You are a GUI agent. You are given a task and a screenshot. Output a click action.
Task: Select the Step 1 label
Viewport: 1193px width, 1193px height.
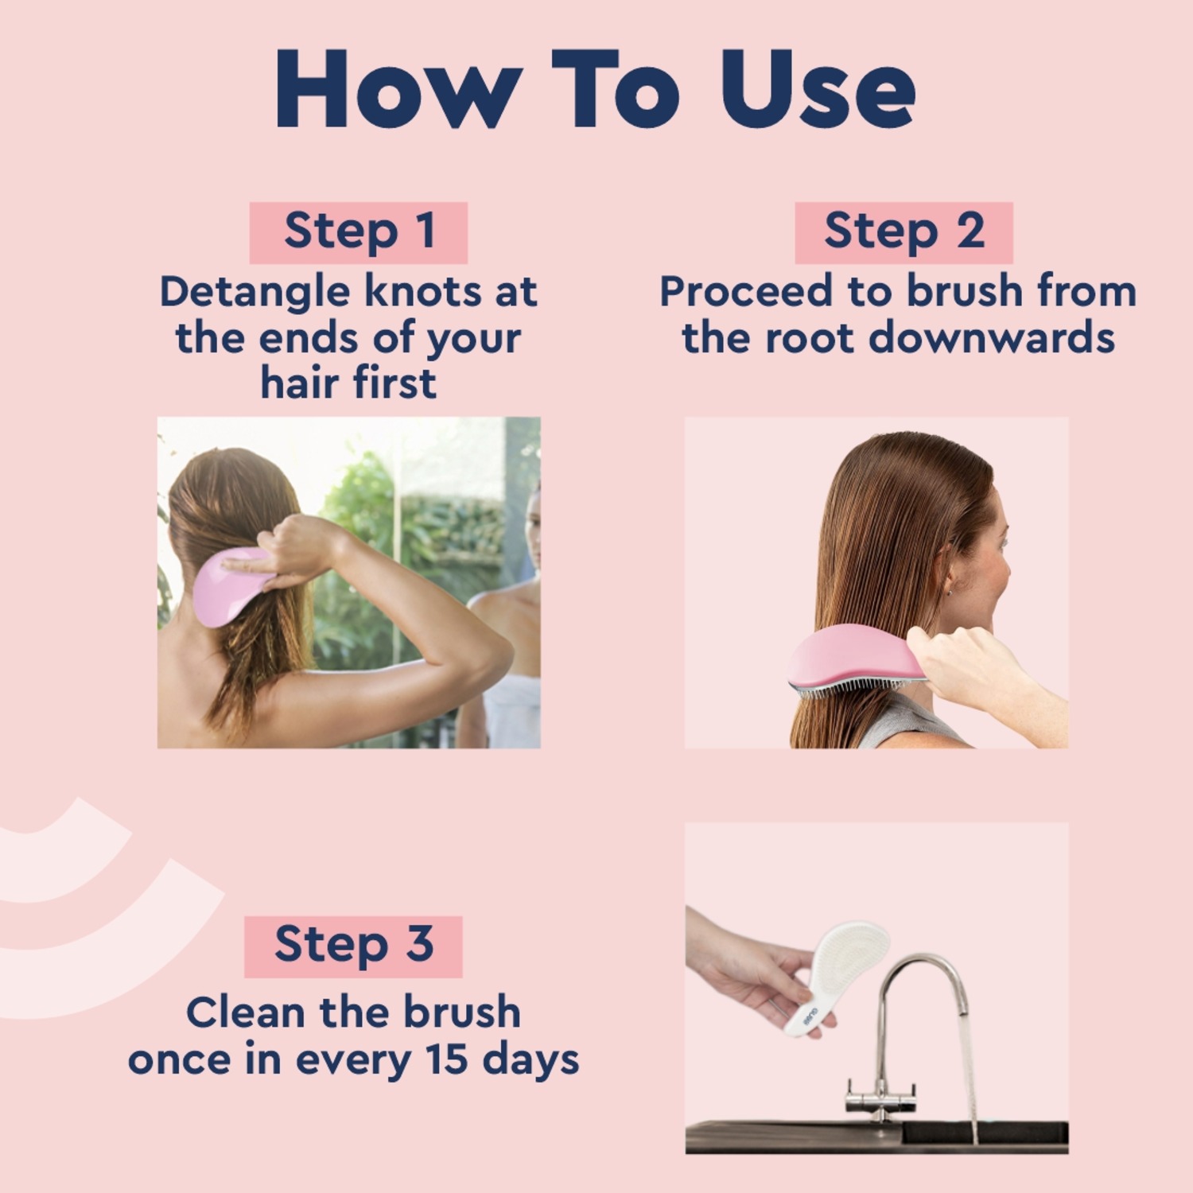pyautogui.click(x=359, y=232)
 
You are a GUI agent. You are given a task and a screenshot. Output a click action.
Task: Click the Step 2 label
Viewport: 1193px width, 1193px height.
pyautogui.click(x=904, y=232)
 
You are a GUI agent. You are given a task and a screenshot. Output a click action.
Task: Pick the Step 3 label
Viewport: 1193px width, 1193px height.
pyautogui.click(x=353, y=946)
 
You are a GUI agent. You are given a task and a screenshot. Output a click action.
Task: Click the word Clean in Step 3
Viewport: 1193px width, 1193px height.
pyautogui.click(x=246, y=1013)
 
